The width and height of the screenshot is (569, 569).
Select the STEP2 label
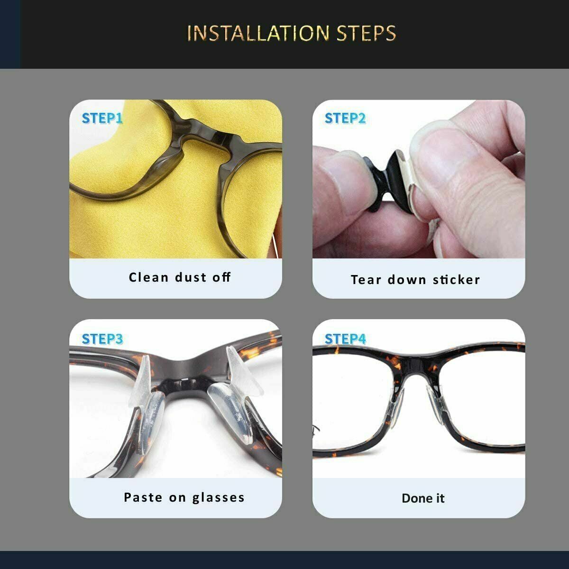pos(345,118)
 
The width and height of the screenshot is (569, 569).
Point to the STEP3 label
pos(102,339)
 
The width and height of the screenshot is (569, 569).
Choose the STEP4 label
pos(345,339)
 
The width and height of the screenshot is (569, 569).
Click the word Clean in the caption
pos(148,277)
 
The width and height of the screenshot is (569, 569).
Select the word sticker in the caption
pos(456,280)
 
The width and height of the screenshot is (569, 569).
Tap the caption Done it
pos(423,498)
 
